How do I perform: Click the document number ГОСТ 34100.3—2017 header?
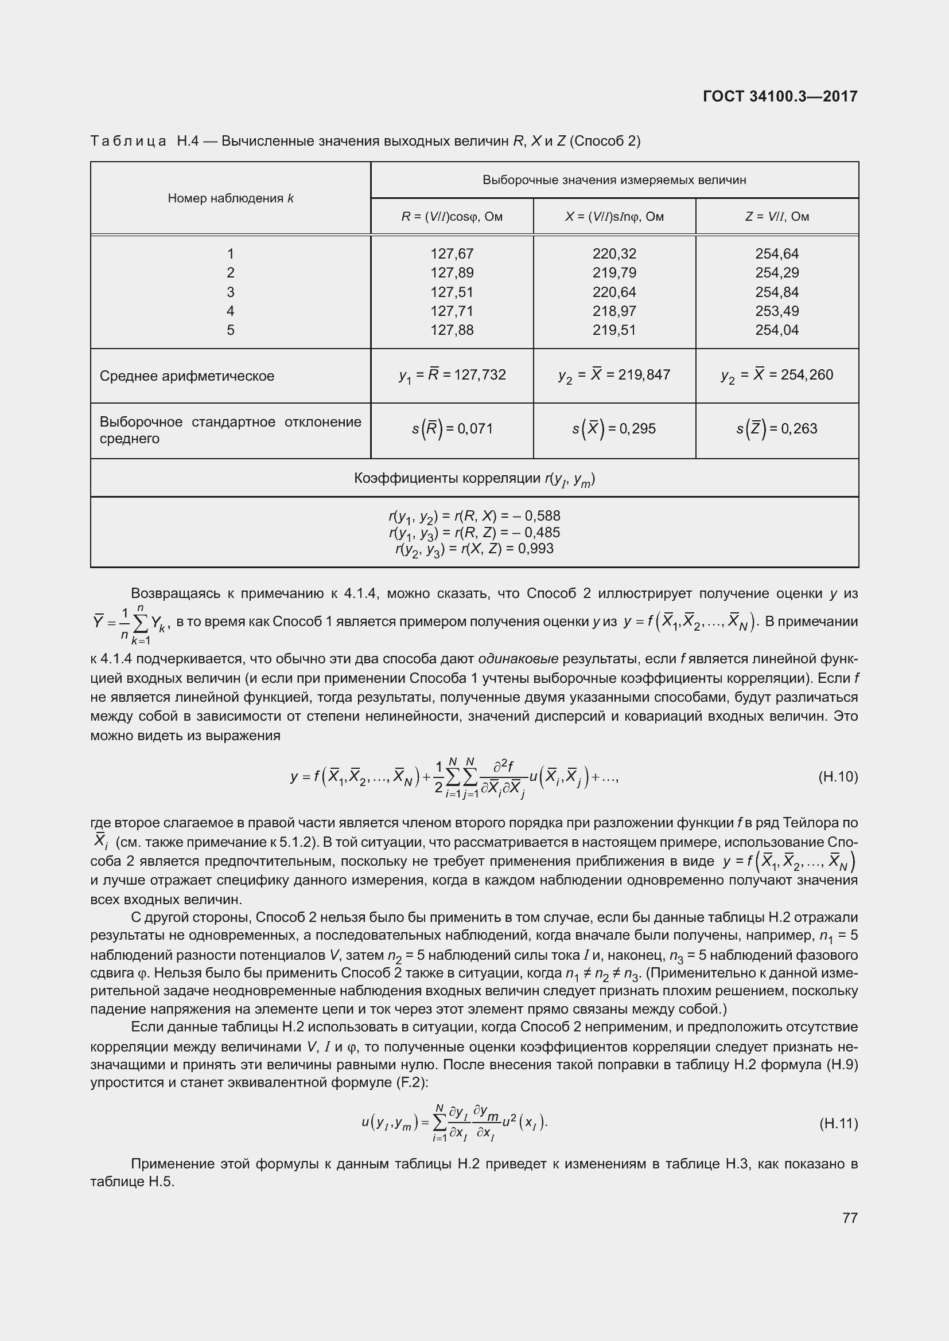(x=780, y=96)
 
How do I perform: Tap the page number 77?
(x=850, y=1218)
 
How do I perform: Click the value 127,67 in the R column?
(x=452, y=254)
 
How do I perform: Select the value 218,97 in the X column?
(x=614, y=311)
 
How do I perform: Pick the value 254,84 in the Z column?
(x=777, y=292)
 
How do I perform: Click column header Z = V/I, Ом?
(x=777, y=217)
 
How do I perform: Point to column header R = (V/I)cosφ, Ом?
(x=452, y=217)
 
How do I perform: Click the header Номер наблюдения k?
(x=230, y=198)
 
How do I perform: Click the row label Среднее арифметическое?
(x=187, y=376)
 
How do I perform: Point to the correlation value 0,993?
(x=538, y=549)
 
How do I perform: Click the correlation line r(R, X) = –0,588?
(x=474, y=516)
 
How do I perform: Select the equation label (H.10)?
(x=838, y=777)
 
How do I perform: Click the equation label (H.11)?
(x=838, y=1123)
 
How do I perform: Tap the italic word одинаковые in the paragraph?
(x=518, y=659)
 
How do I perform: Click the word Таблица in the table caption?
(x=129, y=142)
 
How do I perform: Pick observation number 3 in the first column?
(x=230, y=292)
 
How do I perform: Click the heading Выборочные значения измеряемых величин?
(x=614, y=180)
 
